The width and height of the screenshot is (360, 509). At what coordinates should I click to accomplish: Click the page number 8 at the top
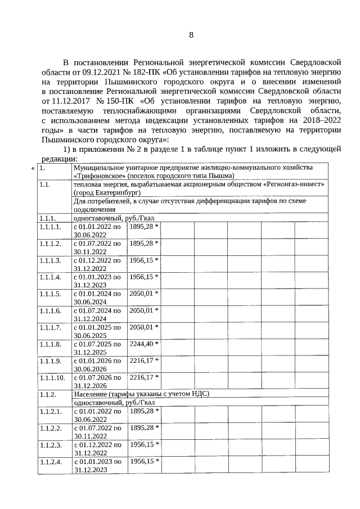pyautogui.click(x=191, y=35)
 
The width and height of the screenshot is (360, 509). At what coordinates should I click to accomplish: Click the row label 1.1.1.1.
pyautogui.click(x=50, y=227)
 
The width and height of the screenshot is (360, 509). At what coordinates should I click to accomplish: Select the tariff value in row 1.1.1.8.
pyautogui.click(x=144, y=344)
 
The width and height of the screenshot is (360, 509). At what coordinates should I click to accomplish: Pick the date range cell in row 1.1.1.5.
pyautogui.click(x=97, y=298)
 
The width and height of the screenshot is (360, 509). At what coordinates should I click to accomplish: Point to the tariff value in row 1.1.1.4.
pyautogui.click(x=144, y=277)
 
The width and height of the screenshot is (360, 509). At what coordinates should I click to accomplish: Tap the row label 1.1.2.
pyautogui.click(x=47, y=394)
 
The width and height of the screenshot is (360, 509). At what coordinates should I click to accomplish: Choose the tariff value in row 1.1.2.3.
pyautogui.click(x=144, y=444)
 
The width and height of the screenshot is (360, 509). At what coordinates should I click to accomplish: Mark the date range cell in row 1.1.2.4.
pyautogui.click(x=97, y=465)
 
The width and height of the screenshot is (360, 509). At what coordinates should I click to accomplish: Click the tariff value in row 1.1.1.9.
pyautogui.click(x=144, y=360)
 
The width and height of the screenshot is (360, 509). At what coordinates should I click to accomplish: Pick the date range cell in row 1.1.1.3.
pyautogui.click(x=97, y=264)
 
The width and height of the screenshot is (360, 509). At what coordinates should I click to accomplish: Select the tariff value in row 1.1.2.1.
pyautogui.click(x=144, y=411)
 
